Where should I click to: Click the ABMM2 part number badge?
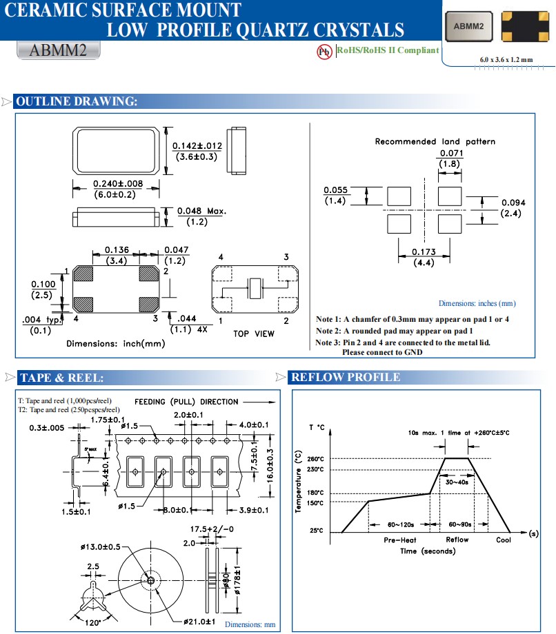pyautogui.click(x=58, y=51)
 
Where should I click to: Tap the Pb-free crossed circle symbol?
pyautogui.click(x=324, y=52)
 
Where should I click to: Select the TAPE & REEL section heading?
pyautogui.click(x=61, y=378)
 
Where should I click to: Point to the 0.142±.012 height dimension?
pyautogui.click(x=197, y=145)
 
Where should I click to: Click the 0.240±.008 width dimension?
pyautogui.click(x=117, y=184)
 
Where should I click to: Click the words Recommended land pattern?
pyautogui.click(x=435, y=141)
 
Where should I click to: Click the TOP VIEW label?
pyautogui.click(x=253, y=334)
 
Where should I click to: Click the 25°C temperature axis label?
pyautogui.click(x=315, y=531)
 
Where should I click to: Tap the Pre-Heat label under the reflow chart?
pyautogui.click(x=399, y=540)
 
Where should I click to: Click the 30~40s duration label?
pyautogui.click(x=457, y=482)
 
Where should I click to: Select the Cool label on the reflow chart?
pyautogui.click(x=504, y=540)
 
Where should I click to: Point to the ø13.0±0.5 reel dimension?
pyautogui.click(x=101, y=546)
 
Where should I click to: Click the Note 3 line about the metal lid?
pyautogui.click(x=403, y=342)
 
